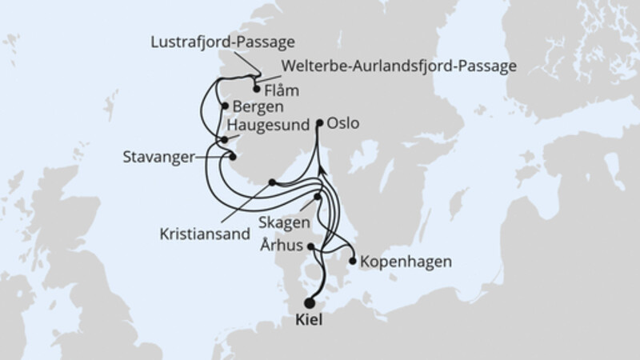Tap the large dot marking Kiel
pyautogui.click(x=309, y=303)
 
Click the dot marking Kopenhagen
pyautogui.click(x=353, y=259)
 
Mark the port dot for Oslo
pyautogui.click(x=320, y=123)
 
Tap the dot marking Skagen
pyautogui.click(x=318, y=197)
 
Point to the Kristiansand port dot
pyautogui.click(x=272, y=182)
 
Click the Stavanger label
pyautogui.click(x=158, y=158)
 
